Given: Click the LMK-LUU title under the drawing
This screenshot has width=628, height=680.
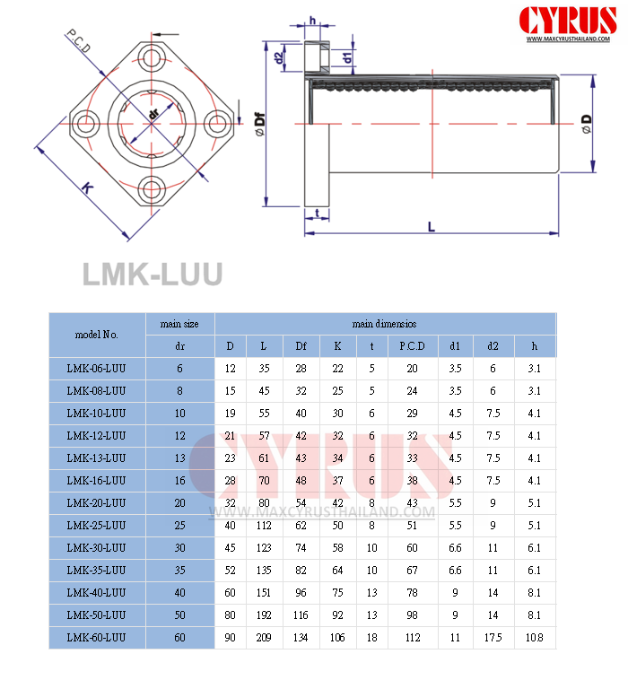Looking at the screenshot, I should pyautogui.click(x=152, y=274).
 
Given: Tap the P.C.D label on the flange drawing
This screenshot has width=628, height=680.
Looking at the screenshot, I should pyautogui.click(x=78, y=42).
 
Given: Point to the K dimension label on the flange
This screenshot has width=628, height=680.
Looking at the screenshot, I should pyautogui.click(x=87, y=187).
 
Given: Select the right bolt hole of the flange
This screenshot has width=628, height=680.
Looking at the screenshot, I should pyautogui.click(x=215, y=124).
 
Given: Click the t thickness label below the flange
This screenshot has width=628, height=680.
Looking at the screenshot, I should pyautogui.click(x=318, y=213).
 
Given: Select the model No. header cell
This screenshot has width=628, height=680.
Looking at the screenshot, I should pyautogui.click(x=97, y=335).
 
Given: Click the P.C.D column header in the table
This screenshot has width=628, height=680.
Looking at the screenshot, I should pyautogui.click(x=413, y=346).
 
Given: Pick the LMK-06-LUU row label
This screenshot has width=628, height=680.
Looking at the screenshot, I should pyautogui.click(x=97, y=369).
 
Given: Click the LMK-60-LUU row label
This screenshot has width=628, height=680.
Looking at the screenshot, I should pyautogui.click(x=97, y=638).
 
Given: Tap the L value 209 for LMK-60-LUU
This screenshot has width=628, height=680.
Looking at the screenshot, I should pyautogui.click(x=264, y=638).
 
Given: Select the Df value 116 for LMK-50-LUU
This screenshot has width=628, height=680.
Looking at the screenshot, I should pyautogui.click(x=301, y=615).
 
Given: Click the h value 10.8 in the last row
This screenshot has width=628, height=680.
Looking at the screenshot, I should pyautogui.click(x=535, y=638).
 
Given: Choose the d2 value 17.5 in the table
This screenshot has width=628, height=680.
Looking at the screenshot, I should pyautogui.click(x=493, y=638).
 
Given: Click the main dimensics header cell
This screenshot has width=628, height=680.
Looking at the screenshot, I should pyautogui.click(x=384, y=323).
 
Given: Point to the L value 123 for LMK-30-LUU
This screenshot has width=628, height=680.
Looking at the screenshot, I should pyautogui.click(x=264, y=547).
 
